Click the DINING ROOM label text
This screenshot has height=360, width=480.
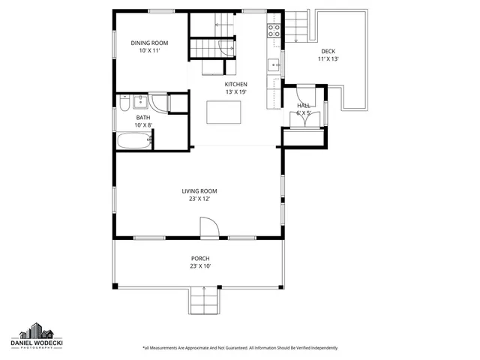pos(149,43)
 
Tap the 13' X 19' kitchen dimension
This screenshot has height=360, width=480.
pos(235,92)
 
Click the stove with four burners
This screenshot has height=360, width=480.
pos(274,31)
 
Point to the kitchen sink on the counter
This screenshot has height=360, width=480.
pos(274,64)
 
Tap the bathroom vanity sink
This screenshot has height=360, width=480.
pos(140,102)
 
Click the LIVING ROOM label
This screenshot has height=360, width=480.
pos(199,191)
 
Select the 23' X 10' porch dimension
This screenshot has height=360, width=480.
pos(199,266)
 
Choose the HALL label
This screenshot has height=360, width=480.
pos(303,106)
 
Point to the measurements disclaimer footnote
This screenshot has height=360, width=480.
pos(239,348)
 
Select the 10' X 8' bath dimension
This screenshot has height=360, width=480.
pos(142,124)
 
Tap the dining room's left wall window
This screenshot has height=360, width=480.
pos(115,46)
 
